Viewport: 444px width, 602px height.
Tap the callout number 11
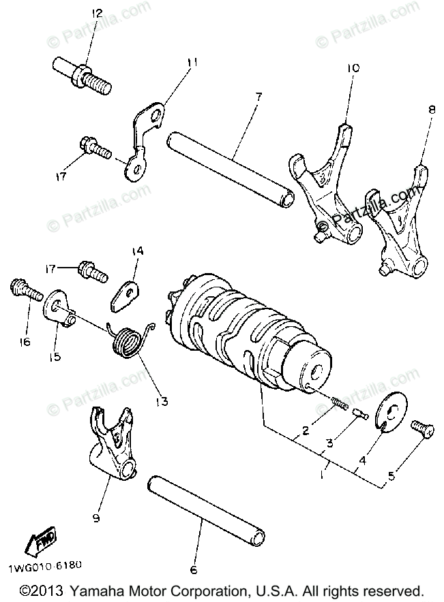click(x=193, y=63)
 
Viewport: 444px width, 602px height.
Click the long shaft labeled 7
click(x=232, y=166)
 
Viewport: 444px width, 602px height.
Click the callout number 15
click(x=54, y=357)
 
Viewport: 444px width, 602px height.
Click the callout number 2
click(x=306, y=429)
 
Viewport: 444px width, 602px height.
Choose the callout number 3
click(x=329, y=443)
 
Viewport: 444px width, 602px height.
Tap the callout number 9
click(x=95, y=519)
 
